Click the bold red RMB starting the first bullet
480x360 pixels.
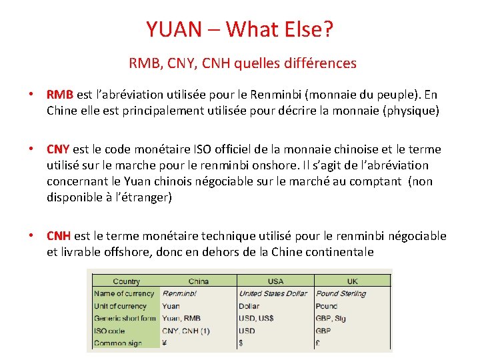point(59,95)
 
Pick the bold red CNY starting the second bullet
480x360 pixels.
point(59,149)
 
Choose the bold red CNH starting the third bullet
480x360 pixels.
point(59,236)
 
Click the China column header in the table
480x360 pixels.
point(199,281)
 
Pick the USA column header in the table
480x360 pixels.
point(275,281)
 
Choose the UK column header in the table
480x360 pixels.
point(352,281)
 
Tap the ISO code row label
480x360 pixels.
point(109,331)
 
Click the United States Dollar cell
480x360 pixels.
point(273,293)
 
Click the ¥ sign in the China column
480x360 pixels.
point(165,343)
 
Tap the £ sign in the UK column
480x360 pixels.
point(318,343)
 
